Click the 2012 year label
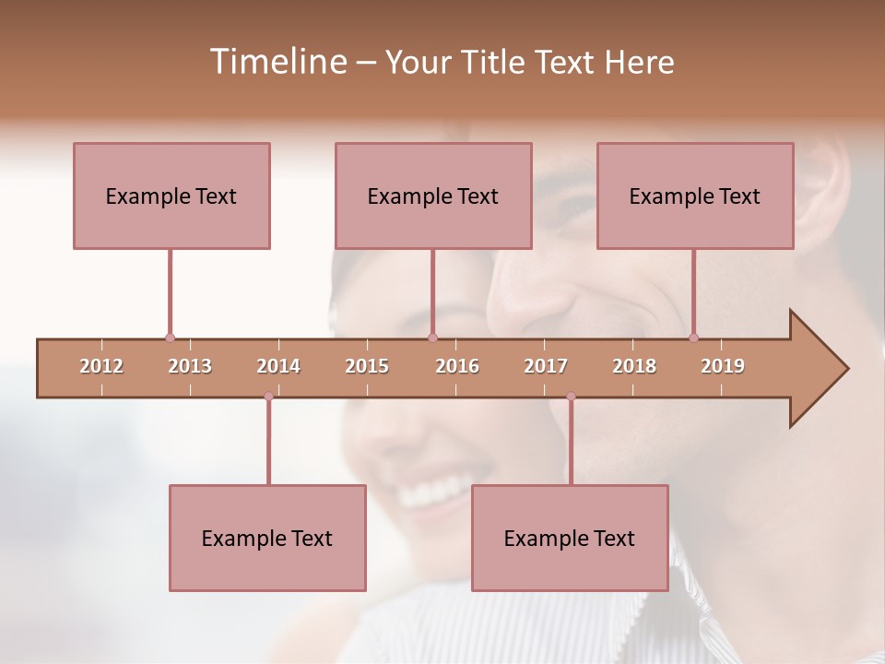click(x=101, y=366)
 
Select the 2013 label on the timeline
click(x=190, y=366)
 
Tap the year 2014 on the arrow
click(x=278, y=366)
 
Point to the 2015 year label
click(x=367, y=366)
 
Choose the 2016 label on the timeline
click(x=457, y=366)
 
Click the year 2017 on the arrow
click(x=546, y=366)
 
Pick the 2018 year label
click(x=634, y=366)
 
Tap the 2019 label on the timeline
click(x=723, y=366)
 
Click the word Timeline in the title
click(x=277, y=62)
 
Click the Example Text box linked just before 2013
click(x=171, y=196)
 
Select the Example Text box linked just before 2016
click(x=433, y=196)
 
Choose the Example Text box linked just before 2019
click(x=695, y=196)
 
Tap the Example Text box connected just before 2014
click(x=267, y=538)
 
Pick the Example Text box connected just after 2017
click(x=570, y=538)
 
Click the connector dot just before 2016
click(x=433, y=338)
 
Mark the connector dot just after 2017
click(x=571, y=397)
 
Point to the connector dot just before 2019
click(x=694, y=338)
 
